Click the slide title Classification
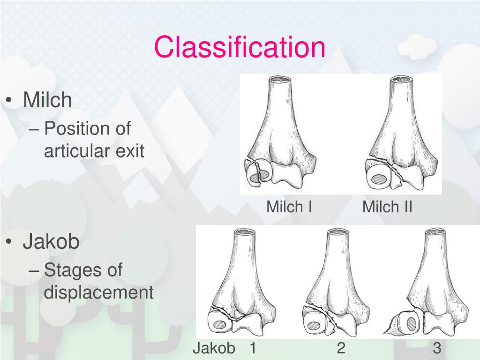pos(240,47)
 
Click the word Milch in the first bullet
pos(48,100)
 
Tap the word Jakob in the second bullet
pos(52,242)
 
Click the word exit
pos(129,151)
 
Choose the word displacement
pos(98,293)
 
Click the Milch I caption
pos(289,207)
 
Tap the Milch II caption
pos(387,207)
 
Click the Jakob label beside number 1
pos(214,348)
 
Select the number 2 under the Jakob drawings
pos(341,348)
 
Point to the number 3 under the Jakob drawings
pos(437,348)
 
